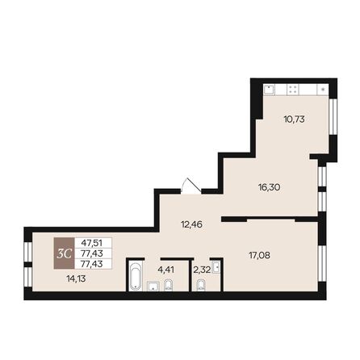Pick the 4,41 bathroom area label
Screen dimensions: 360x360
(166, 269)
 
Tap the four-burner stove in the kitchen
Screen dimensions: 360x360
(295, 89)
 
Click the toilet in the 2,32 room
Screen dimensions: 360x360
(202, 286)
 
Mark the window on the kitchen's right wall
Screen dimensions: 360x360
(333, 118)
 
